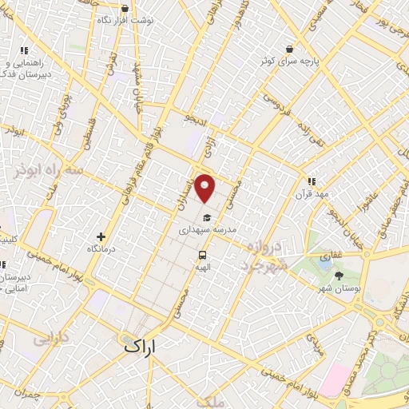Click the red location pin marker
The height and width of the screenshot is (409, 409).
[x=205, y=189]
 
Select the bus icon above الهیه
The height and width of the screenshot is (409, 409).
[x=202, y=256]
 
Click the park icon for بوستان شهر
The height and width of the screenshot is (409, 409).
[x=339, y=276]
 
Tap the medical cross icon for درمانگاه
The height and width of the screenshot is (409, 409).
[x=101, y=236]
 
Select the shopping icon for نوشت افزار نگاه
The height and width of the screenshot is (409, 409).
[x=124, y=8]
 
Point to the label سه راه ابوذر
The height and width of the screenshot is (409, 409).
[x=49, y=170]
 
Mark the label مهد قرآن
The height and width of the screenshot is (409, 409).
[x=312, y=194]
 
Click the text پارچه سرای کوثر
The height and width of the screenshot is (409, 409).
[x=294, y=61]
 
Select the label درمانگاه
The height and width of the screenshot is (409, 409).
[x=102, y=249]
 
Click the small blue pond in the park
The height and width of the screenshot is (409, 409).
[x=325, y=259]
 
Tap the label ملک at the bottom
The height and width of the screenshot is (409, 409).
[x=209, y=402]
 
